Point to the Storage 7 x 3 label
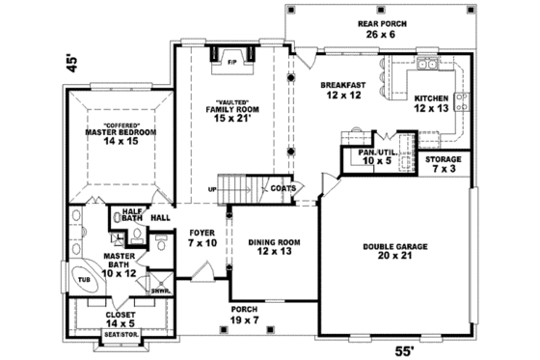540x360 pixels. [x=444, y=163]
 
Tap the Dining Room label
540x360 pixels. [x=270, y=247]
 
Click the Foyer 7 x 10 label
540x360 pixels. [x=202, y=237]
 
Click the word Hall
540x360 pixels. [x=160, y=217]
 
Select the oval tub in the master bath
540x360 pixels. [x=84, y=279]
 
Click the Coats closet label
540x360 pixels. [x=283, y=188]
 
